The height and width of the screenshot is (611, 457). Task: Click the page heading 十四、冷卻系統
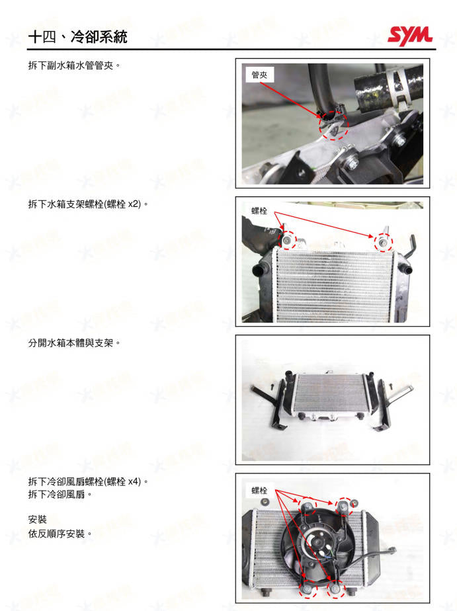point(77,38)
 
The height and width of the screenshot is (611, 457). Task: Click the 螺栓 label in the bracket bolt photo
point(259,211)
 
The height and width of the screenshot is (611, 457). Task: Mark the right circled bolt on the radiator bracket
point(383,242)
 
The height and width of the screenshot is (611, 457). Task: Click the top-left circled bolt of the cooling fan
point(308,507)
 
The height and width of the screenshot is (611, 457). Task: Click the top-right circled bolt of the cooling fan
point(344,506)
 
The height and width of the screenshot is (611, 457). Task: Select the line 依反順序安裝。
point(60,534)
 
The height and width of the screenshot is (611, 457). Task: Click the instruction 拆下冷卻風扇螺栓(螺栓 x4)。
point(87,481)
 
